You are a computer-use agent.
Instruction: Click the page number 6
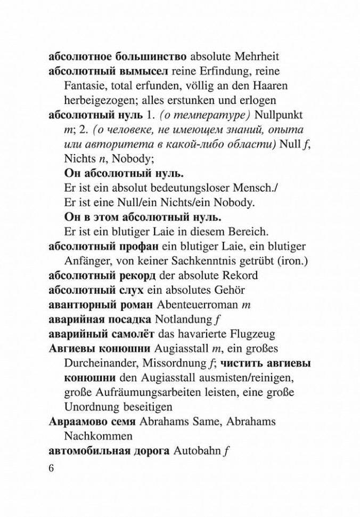pos(52,468)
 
